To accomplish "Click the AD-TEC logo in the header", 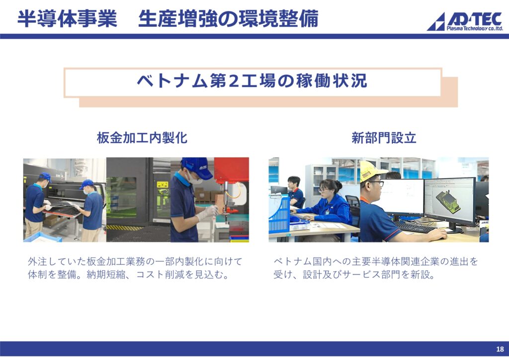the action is [465, 22].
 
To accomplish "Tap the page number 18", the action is [500, 349].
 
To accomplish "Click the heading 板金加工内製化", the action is [142, 138].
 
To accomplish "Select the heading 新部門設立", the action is [384, 138].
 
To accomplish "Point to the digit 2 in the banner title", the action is [234, 81].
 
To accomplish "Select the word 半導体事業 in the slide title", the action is [67, 19].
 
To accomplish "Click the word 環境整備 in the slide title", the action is [278, 19].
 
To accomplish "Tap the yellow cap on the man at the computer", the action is [371, 171].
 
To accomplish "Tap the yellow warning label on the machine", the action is [162, 184].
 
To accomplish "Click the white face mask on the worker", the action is [194, 178].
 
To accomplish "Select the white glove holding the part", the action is [208, 213].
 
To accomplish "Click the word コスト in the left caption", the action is [150, 274].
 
